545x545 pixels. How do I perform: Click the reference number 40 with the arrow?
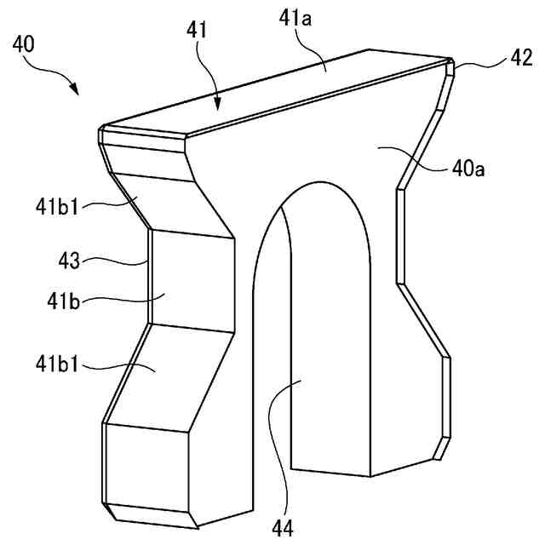pyautogui.click(x=25, y=43)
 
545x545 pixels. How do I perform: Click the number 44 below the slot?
pyautogui.click(x=283, y=528)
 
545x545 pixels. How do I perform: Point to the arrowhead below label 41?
pyautogui.click(x=219, y=107)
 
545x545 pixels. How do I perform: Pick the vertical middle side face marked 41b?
pyautogui.click(x=192, y=281)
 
